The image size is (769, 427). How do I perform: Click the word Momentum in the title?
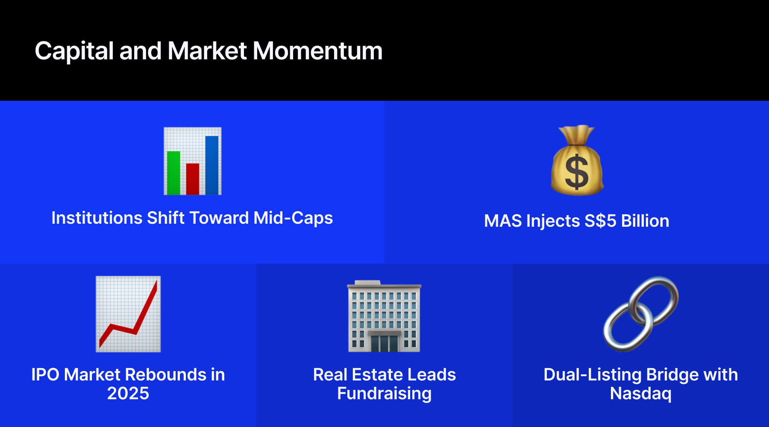click(x=317, y=51)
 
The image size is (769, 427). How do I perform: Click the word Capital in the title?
click(x=74, y=51)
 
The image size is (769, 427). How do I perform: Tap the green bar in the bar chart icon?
click(x=173, y=173)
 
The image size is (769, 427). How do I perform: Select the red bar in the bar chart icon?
click(x=193, y=179)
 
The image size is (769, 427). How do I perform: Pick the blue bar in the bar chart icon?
click(x=212, y=165)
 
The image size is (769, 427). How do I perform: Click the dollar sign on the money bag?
click(x=577, y=172)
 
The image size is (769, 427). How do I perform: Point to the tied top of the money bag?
click(x=577, y=135)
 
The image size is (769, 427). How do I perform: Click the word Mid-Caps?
click(x=293, y=218)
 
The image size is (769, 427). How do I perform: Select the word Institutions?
click(x=97, y=218)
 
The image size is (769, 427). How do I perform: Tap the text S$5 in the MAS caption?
click(x=600, y=221)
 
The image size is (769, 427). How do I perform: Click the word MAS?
click(x=503, y=221)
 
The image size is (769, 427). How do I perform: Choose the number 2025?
click(x=128, y=393)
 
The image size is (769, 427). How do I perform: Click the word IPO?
click(x=45, y=375)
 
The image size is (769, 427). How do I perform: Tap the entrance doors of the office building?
click(x=384, y=343)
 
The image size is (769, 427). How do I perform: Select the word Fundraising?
click(x=384, y=394)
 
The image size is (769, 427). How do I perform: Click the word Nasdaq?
click(x=640, y=394)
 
